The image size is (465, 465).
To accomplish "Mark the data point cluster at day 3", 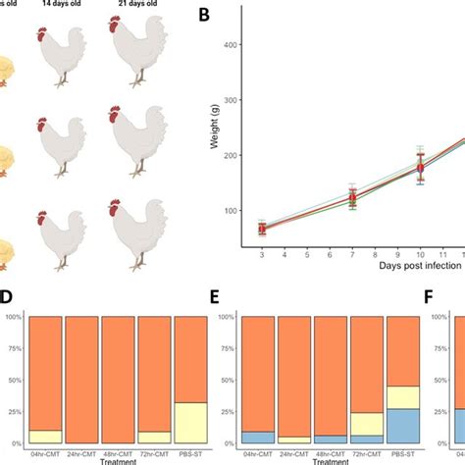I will [x=262, y=229].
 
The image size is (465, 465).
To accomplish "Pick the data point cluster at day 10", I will [x=393, y=170].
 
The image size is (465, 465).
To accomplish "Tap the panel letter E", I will [x=221, y=296].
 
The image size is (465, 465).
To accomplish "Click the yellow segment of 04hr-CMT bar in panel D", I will [x=46, y=437].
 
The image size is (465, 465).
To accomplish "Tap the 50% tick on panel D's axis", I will [x=18, y=380].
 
